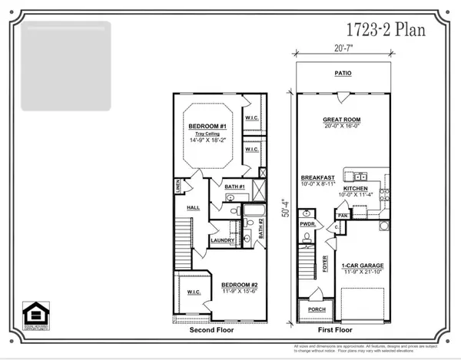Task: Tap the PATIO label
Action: click(x=343, y=74)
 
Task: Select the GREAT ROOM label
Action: click(x=342, y=121)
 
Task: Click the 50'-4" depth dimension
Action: click(x=286, y=192)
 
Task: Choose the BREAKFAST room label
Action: click(x=317, y=177)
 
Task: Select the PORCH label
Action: click(x=315, y=310)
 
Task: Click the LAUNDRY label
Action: click(x=222, y=239)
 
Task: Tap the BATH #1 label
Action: click(x=234, y=187)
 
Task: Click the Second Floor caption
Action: click(x=218, y=330)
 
